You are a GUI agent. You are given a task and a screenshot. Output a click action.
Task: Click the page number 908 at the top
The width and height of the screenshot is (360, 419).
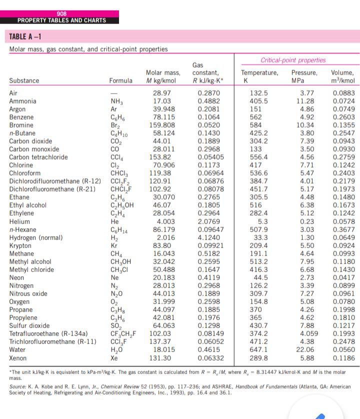61,13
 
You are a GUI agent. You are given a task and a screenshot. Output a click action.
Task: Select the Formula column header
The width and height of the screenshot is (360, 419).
121,80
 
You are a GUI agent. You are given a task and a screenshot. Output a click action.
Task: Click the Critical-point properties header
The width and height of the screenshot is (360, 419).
293,60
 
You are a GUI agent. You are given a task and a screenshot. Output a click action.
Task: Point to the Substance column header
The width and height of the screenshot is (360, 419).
24,80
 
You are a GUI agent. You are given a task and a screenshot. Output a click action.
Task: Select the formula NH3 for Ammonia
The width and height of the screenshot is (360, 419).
116,101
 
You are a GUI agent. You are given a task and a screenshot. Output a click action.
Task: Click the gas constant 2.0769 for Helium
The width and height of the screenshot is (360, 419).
208,221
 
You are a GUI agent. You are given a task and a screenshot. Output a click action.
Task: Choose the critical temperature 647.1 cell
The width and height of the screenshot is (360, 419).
258,350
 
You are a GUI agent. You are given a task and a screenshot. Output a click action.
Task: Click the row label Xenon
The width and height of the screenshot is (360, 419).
17,358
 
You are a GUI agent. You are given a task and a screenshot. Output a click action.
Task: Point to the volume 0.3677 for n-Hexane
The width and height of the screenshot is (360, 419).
343,229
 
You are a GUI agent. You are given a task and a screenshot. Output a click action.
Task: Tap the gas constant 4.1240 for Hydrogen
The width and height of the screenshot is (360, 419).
208,237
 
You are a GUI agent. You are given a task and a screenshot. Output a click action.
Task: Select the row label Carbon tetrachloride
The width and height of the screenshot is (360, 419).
38,157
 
